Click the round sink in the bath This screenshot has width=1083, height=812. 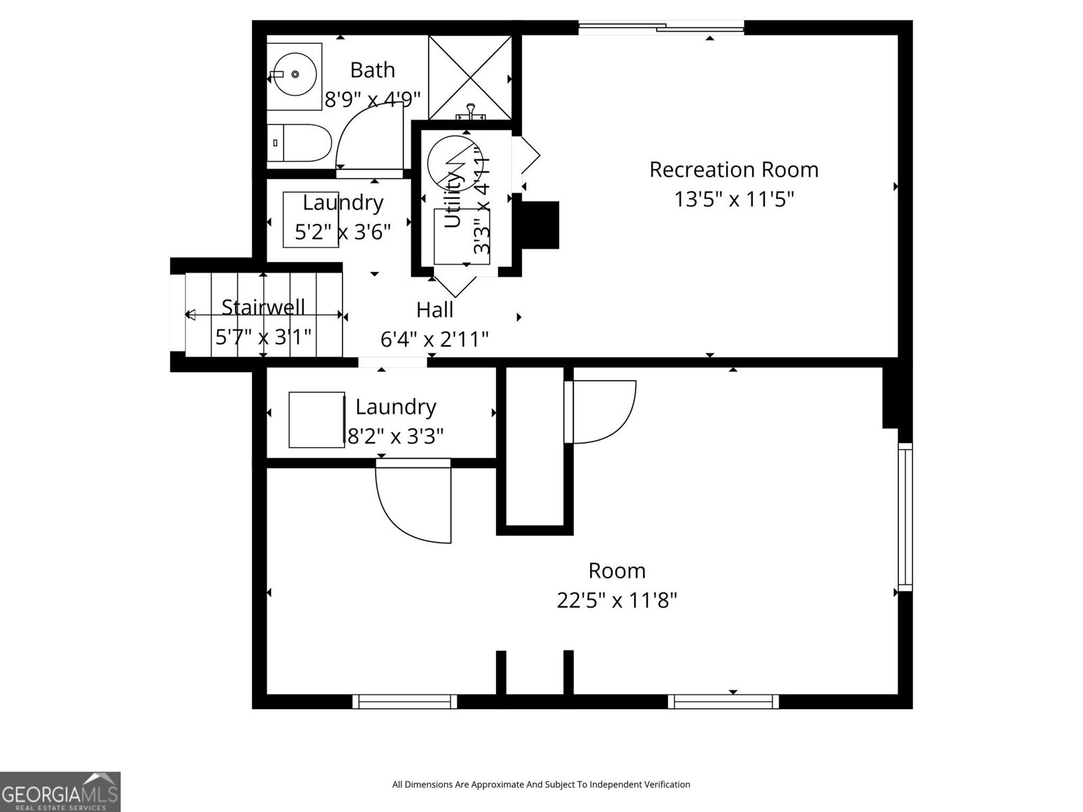point(293,75)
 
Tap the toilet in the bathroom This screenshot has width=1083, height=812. point(299,143)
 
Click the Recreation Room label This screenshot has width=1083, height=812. point(734,169)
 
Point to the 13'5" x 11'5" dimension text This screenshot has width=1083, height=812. point(734,199)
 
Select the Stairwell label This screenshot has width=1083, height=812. point(263,307)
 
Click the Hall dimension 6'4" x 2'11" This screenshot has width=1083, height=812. point(435,339)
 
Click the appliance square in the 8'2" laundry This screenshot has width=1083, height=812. point(316,420)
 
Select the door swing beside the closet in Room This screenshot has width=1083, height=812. point(601,411)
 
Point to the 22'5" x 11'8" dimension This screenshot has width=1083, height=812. point(617,600)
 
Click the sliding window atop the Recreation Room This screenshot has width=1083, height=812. point(661,28)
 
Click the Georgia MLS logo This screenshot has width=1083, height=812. point(60,792)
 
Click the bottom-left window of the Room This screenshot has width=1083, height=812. point(405,702)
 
